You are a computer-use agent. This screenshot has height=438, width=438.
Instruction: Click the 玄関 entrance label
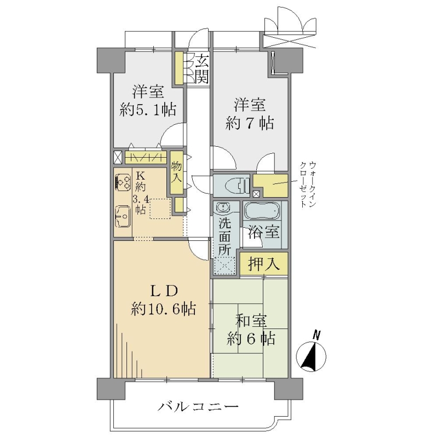[x=202, y=69]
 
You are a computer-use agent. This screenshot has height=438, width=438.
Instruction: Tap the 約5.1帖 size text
[x=148, y=110]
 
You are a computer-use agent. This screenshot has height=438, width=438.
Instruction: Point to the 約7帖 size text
[x=250, y=123]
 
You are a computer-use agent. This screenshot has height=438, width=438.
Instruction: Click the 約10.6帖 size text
[x=163, y=309]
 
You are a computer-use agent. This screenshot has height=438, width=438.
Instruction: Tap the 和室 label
[x=251, y=321]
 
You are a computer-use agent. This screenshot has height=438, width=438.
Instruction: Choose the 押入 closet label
[x=264, y=263]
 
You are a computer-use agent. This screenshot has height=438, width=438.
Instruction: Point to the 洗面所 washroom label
[x=224, y=236]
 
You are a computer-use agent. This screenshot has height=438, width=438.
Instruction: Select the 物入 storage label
[x=176, y=173]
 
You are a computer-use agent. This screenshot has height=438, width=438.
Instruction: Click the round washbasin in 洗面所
[x=223, y=208]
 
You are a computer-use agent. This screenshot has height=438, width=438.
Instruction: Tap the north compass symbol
[x=311, y=356]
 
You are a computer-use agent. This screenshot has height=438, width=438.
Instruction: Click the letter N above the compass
[x=316, y=335]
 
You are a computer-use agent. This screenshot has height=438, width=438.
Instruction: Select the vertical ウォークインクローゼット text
[x=308, y=184]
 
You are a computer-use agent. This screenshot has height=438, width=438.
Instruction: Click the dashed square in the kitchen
[x=160, y=209]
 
